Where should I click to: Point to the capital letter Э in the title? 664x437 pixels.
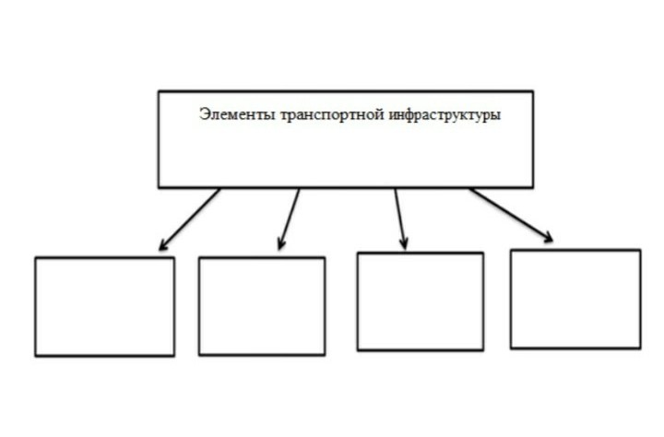[204, 114]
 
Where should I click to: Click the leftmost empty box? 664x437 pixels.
[104, 307]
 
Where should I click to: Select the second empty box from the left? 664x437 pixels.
[262, 306]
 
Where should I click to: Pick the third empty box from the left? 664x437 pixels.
[421, 301]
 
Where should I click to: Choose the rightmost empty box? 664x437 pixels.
[575, 300]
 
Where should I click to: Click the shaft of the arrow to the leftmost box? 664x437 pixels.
[190, 218]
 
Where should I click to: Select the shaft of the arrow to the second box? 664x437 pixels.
[290, 218]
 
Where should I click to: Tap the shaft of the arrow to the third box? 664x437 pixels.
[400, 218]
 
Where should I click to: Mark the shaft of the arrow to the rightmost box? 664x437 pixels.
[511, 215]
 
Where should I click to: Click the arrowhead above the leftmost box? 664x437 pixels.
[164, 244]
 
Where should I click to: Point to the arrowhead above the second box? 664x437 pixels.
[281, 243]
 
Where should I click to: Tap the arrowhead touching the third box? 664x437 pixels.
[404, 243]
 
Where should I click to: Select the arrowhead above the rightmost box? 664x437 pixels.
[548, 237]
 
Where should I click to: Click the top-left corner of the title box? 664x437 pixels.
[159, 91]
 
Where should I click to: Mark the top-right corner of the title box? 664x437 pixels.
[533, 91]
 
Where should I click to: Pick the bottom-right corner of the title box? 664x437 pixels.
[533, 187]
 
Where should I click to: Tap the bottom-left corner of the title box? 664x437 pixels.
[159, 187]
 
